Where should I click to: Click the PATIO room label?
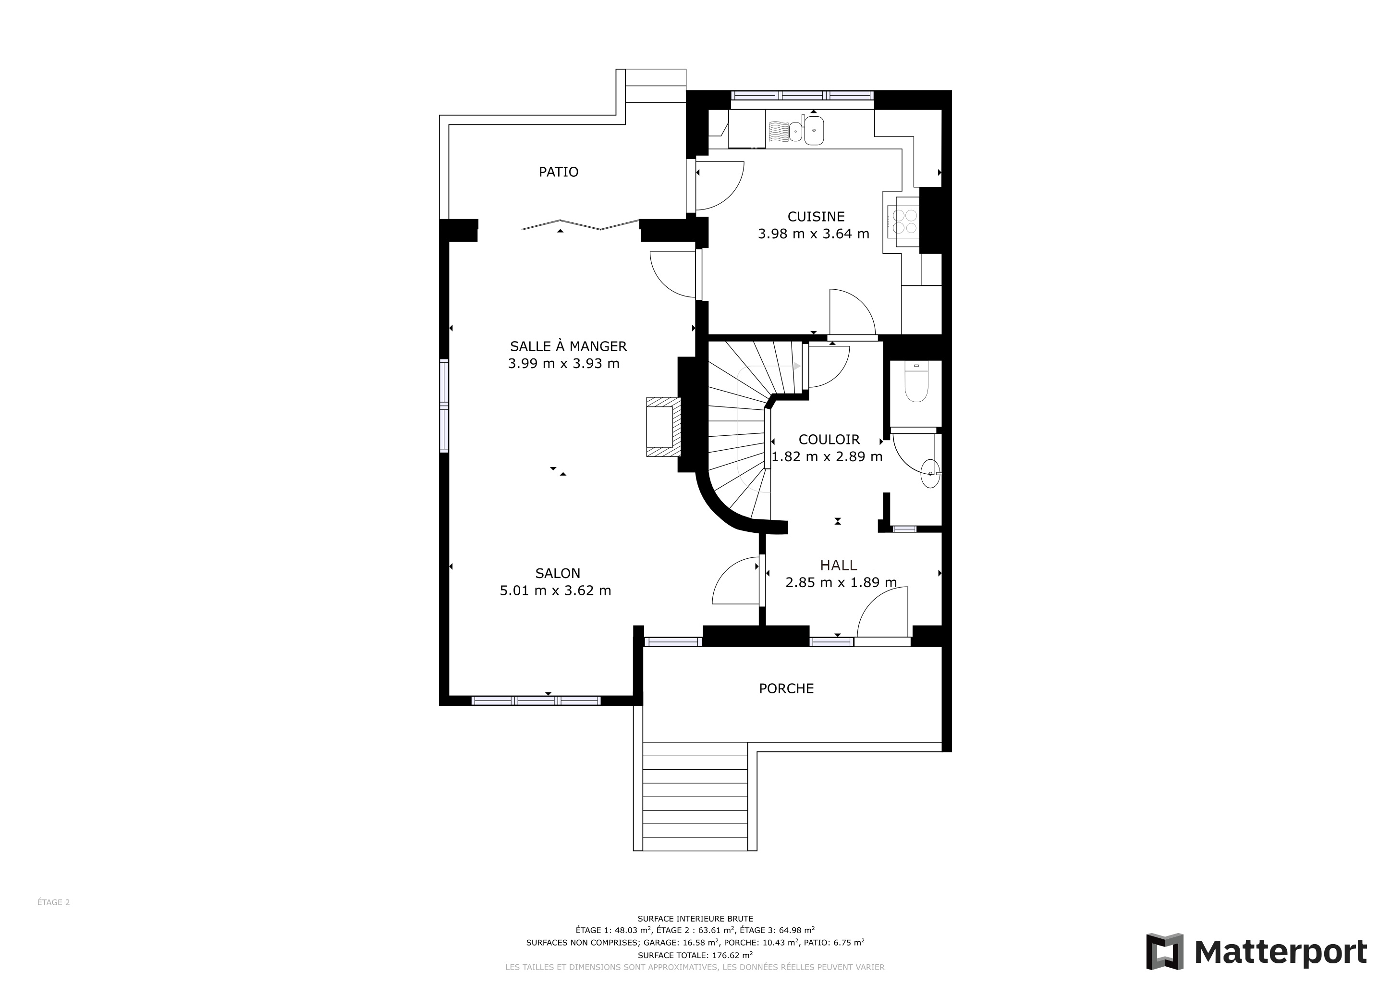click(x=559, y=172)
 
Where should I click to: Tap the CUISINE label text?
click(x=816, y=216)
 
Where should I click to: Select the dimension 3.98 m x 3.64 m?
click(x=814, y=234)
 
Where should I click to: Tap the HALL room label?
click(x=839, y=566)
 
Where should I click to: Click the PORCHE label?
click(x=786, y=689)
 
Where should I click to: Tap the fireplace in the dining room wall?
click(x=663, y=427)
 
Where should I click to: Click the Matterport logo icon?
click(x=1164, y=951)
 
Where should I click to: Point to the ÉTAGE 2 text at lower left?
click(x=53, y=902)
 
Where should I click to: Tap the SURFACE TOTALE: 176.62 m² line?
click(x=695, y=956)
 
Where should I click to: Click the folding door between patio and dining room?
click(x=580, y=225)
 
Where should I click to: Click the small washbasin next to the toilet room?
click(x=930, y=473)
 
